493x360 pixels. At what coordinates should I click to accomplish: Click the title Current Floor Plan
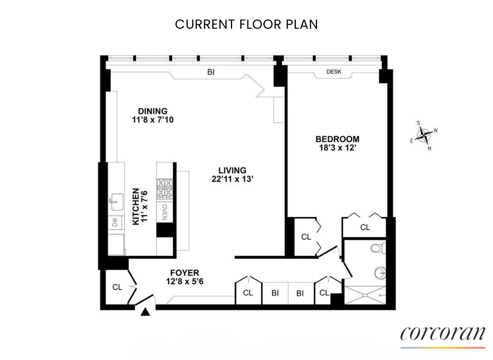pos(246,24)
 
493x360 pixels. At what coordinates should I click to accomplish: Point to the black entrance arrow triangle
pos(145,312)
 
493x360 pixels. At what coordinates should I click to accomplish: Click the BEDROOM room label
pos(337,139)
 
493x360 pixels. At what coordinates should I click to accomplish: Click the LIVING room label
pos(232,170)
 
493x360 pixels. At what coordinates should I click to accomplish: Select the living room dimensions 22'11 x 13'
pos(232,179)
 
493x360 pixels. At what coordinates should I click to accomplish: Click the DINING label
pos(152,111)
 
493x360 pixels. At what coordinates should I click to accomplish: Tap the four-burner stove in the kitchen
pos(164,189)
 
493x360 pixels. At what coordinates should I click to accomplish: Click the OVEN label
pos(164,212)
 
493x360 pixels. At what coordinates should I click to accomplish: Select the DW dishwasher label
pos(115,222)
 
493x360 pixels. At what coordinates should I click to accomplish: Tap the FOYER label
pos(184,273)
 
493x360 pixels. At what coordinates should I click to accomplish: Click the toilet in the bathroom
pos(377,248)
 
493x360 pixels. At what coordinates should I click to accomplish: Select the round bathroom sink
pos(380,272)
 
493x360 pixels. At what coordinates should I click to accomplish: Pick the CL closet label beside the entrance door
pos(117,287)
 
